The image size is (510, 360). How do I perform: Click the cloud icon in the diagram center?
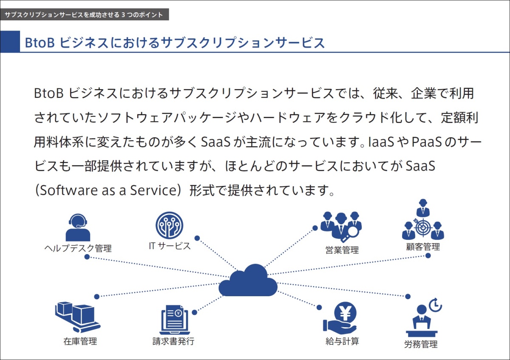pos(248,281)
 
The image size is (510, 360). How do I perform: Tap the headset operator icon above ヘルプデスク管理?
pos(78,227)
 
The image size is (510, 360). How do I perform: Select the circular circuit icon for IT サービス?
pos(169,225)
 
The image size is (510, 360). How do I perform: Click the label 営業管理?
pos(342,250)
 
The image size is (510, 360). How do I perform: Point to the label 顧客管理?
pos(423,247)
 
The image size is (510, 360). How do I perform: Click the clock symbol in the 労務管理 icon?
pos(435,305)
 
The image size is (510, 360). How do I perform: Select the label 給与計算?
pos(342,341)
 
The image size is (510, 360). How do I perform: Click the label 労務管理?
pos(421,344)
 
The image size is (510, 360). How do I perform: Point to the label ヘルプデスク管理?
pos(78,248)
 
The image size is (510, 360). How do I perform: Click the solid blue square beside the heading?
pos(10,42)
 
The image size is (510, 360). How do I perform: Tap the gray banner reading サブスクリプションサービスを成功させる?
pos(85,14)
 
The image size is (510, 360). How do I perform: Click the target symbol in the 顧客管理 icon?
pos(423,227)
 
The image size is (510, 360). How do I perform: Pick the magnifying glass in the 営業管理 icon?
pos(351,234)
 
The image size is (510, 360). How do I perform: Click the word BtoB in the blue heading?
pos(40,43)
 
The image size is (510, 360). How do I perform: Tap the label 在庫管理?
pos(80,341)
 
